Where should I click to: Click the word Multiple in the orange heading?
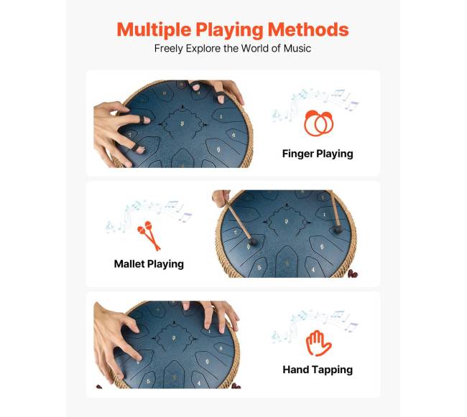click(x=154, y=30)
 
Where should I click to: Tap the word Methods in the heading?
click(x=308, y=29)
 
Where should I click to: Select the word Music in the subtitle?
click(x=297, y=48)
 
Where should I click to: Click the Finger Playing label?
click(x=318, y=154)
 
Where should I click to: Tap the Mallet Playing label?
click(x=149, y=264)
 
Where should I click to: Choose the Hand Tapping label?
click(x=318, y=370)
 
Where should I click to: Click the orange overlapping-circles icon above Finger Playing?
click(x=319, y=123)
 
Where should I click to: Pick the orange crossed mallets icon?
click(x=149, y=235)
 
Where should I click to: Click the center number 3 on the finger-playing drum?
click(x=182, y=123)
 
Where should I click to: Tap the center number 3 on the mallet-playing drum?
click(x=287, y=221)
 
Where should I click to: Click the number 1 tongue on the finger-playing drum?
click(x=221, y=116)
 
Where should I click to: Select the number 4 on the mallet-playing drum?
click(x=313, y=269)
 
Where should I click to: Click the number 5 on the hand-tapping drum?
click(x=148, y=381)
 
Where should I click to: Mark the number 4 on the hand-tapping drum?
click(x=199, y=383)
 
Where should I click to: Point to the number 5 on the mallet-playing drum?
click(x=259, y=268)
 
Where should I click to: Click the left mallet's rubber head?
click(x=253, y=241)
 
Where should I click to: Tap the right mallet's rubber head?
click(x=338, y=230)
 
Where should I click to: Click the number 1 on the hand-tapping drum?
click(x=209, y=331)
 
